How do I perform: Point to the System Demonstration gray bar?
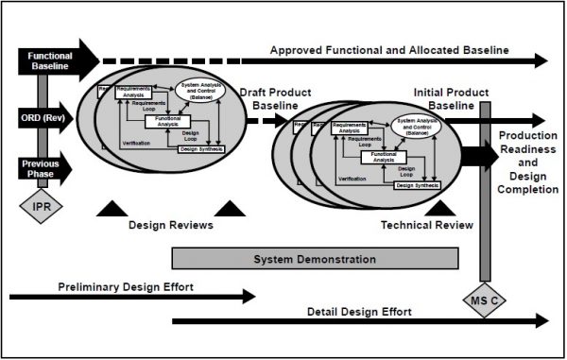pos(315,259)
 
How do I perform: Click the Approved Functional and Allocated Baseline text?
pos(389,49)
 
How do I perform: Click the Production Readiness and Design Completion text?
pos(527,162)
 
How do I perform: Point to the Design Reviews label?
pos(170,225)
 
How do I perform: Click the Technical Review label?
pos(425,225)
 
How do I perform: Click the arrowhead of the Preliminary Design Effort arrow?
pos(249,298)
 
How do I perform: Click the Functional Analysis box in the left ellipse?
pos(168,121)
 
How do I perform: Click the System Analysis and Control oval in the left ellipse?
pos(208,93)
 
